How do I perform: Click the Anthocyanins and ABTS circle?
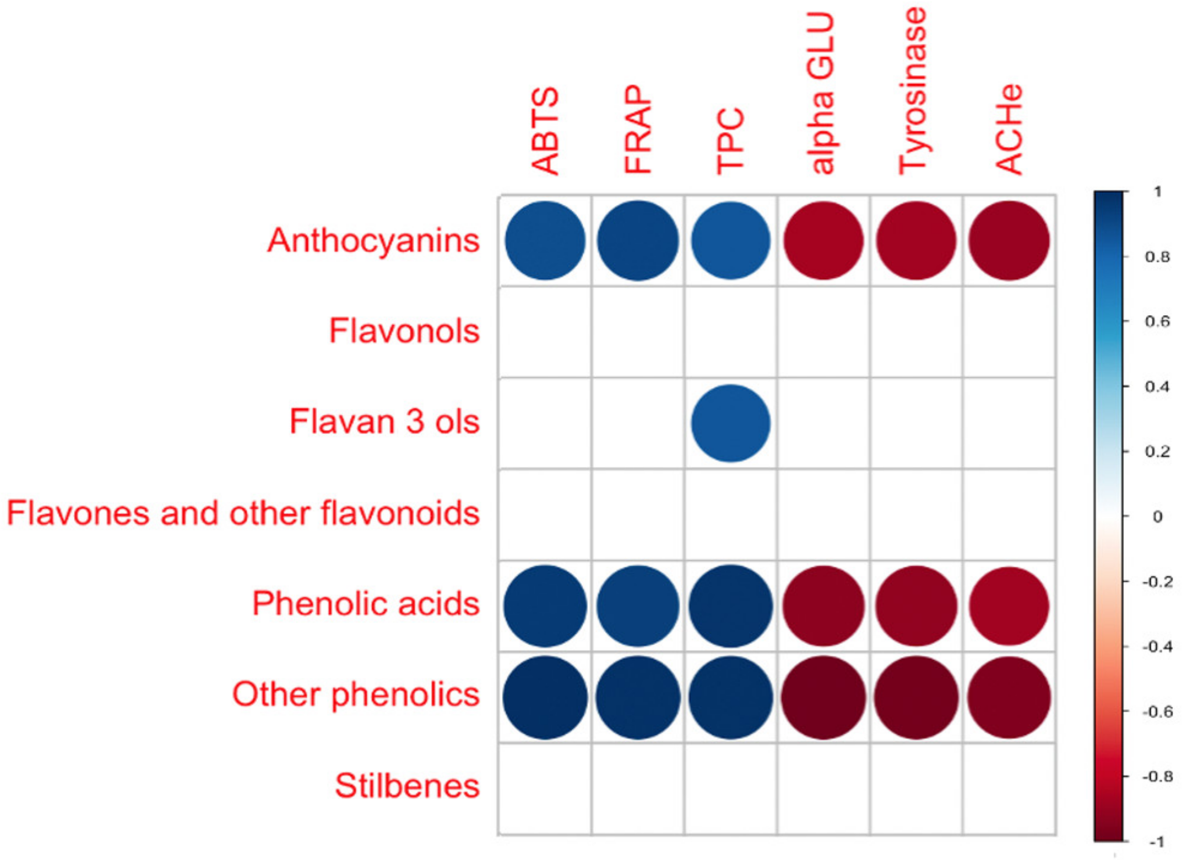coord(545,241)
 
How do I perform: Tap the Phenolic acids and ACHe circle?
coord(1009,607)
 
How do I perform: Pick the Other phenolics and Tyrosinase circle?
coord(916,697)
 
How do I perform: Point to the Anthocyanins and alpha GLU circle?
coord(823,241)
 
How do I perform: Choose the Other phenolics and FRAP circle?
coord(638,697)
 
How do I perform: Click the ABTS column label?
coord(545,131)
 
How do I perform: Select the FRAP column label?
coord(638,129)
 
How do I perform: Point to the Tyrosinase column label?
coord(913,91)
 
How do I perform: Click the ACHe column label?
coord(1009,129)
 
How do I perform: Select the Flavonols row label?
coord(404,331)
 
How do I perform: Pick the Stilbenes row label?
coord(407,786)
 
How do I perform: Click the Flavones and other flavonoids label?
coord(243,513)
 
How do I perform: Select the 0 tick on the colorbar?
coord(1157,517)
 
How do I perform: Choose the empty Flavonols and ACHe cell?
coord(1009,332)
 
